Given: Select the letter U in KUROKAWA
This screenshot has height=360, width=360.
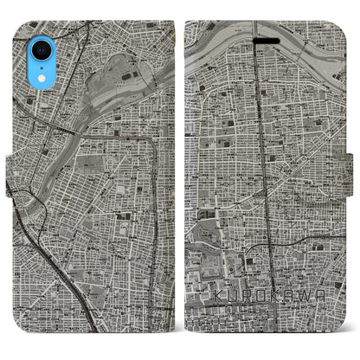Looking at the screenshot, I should click(x=228, y=296).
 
